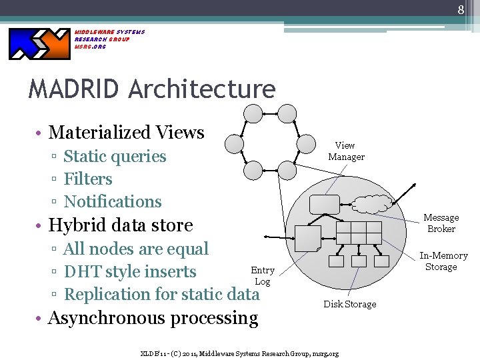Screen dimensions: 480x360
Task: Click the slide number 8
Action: [x=461, y=10]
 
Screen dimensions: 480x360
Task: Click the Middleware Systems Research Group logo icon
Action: [x=39, y=43]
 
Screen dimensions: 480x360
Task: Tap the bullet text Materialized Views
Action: [x=126, y=132]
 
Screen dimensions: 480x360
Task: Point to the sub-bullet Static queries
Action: [x=115, y=157]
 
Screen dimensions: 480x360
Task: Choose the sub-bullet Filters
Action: [x=88, y=179]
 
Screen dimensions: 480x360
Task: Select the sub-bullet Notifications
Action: [x=113, y=201]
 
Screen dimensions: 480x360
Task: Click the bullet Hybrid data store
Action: [x=121, y=225]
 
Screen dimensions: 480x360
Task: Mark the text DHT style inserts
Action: [x=130, y=272]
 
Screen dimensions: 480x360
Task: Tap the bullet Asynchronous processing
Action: [x=153, y=318]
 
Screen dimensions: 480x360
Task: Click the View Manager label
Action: [x=346, y=151]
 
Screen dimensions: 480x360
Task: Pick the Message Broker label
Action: [x=441, y=223]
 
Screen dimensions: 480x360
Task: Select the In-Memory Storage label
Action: [x=443, y=261]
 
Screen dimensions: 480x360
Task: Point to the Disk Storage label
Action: [x=350, y=304]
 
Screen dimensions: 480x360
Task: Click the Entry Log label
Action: [x=263, y=275]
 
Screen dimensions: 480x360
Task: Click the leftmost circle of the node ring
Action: [x=235, y=143]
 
